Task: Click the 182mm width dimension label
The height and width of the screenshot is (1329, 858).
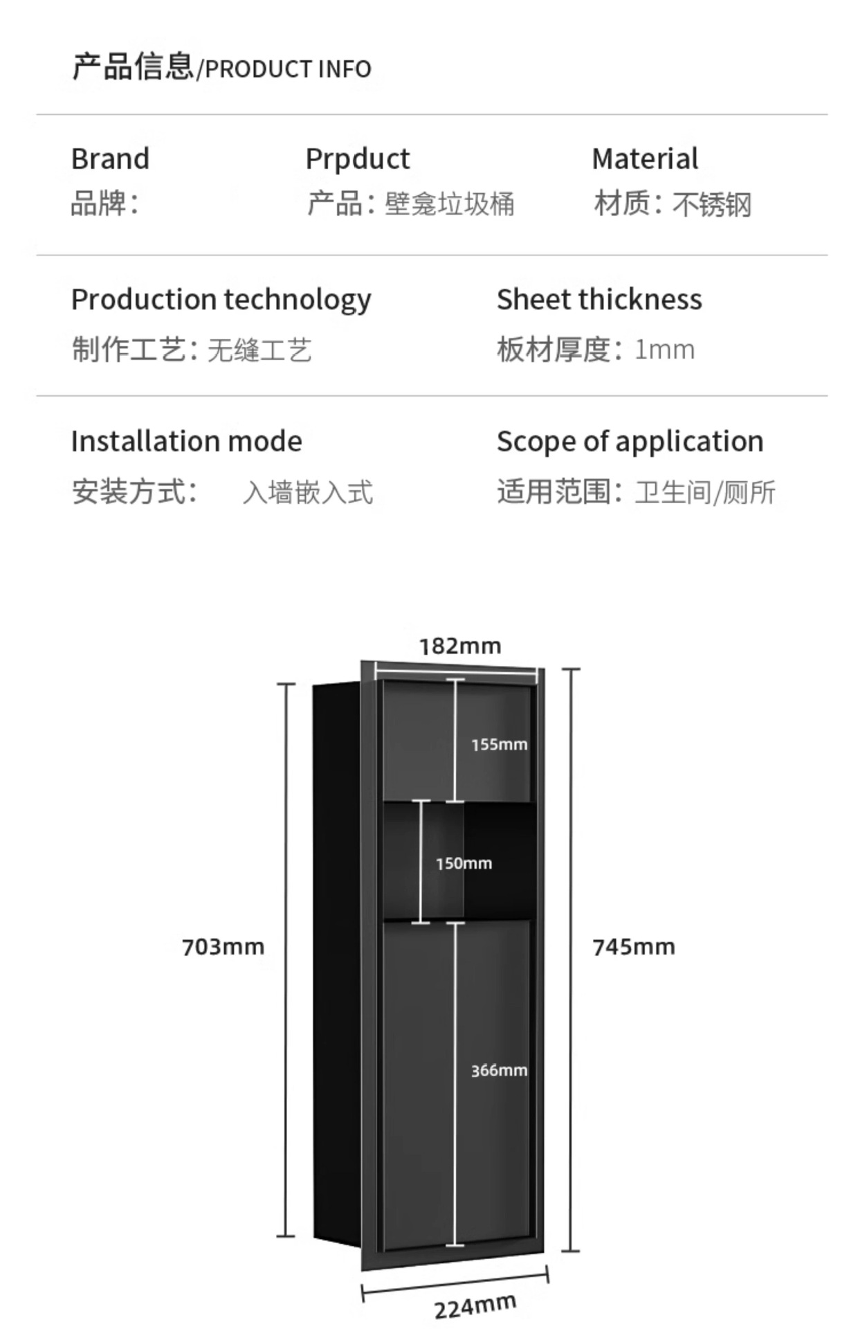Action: click(460, 647)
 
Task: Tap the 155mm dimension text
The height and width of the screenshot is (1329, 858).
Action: click(499, 745)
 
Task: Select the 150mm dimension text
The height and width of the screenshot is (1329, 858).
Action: click(464, 864)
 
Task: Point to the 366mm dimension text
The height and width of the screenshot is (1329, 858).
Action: click(499, 1071)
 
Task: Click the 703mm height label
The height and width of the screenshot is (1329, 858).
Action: click(223, 947)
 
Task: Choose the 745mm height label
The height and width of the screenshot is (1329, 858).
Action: click(633, 947)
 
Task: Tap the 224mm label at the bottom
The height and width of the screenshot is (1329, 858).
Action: click(475, 1307)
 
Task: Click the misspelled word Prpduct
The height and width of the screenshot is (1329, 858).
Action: click(358, 159)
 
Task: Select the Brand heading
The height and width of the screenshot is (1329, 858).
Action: click(110, 159)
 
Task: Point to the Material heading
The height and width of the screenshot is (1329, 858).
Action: click(645, 159)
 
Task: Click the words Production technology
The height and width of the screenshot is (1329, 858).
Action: click(221, 300)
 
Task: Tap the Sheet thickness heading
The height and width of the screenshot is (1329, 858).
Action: click(599, 300)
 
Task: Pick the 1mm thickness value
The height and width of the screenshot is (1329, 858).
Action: click(664, 350)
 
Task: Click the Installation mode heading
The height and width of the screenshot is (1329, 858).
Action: click(186, 442)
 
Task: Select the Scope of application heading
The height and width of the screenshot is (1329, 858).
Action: click(630, 442)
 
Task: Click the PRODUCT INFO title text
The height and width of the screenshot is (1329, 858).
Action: click(288, 69)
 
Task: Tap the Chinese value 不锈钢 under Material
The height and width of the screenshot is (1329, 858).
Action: click(712, 205)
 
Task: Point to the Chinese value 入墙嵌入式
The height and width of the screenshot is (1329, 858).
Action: click(308, 493)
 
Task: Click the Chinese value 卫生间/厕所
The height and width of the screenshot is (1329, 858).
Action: click(705, 493)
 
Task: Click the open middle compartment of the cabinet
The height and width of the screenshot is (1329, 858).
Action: click(498, 862)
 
